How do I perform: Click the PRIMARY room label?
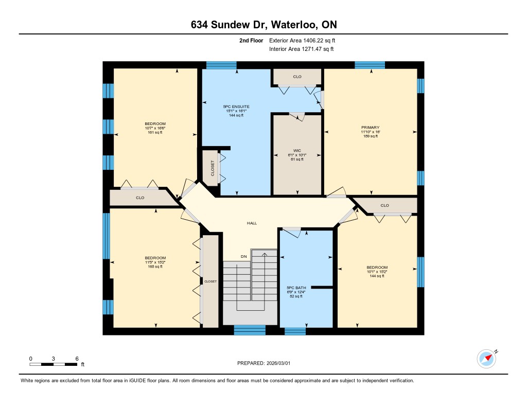[371, 128]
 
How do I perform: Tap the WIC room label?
[297, 151]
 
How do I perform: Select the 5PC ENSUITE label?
[236, 107]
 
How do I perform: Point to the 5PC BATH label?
[296, 288]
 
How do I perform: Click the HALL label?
[252, 223]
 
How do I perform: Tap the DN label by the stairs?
[243, 256]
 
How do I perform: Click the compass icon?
[487, 359]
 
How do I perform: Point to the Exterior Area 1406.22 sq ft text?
[302, 41]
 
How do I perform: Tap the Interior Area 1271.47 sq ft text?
[302, 49]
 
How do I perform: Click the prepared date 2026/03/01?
[278, 363]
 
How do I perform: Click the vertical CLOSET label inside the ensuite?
[213, 168]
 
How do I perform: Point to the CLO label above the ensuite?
[297, 77]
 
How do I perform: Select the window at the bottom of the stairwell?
[250, 330]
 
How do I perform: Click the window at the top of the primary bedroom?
[370, 65]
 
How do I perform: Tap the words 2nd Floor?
[251, 41]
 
